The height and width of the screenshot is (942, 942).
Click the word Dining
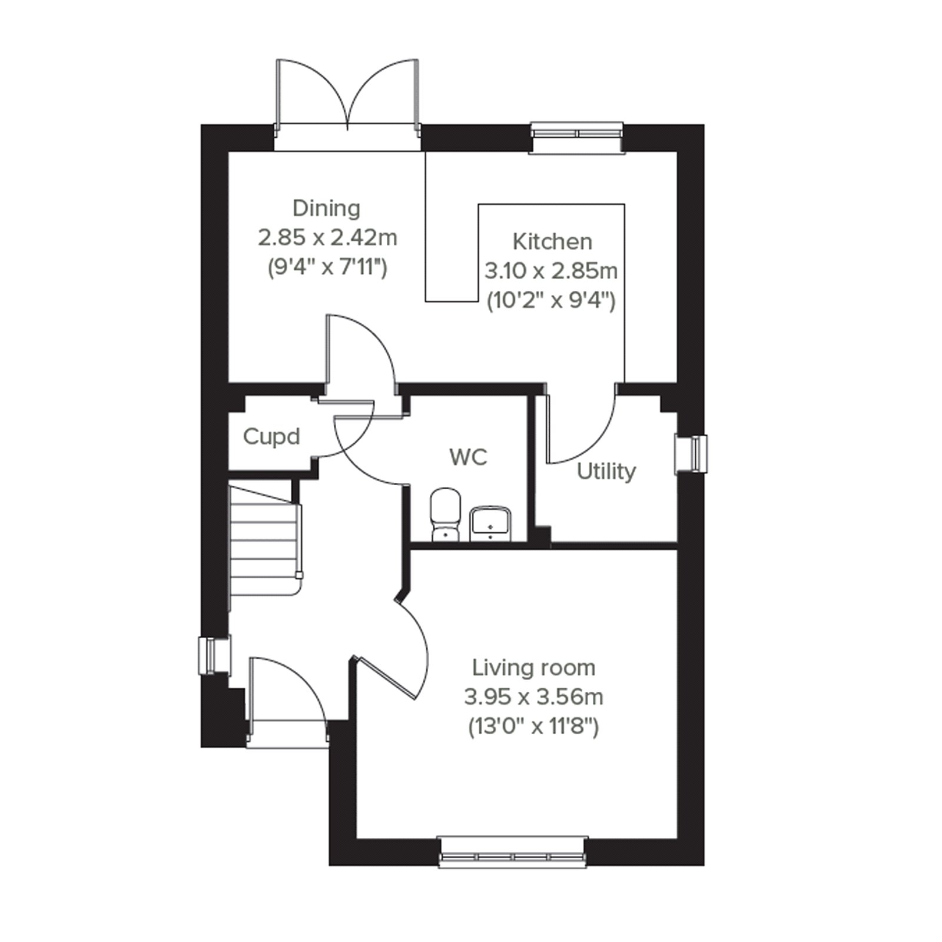click(326, 208)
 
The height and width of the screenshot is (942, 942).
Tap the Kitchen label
click(552, 241)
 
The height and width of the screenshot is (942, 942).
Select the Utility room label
click(606, 472)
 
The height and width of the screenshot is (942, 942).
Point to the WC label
click(469, 457)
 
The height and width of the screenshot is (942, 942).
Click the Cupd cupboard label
click(271, 437)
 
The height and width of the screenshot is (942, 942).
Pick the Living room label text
click(534, 668)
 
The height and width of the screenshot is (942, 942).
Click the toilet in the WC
click(445, 515)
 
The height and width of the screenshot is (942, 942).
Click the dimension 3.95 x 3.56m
click(534, 697)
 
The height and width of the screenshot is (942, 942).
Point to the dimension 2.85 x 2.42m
click(327, 238)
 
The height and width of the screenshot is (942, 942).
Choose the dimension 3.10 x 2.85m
click(551, 271)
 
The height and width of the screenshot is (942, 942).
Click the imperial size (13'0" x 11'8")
click(534, 728)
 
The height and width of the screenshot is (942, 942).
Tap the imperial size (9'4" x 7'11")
click(327, 268)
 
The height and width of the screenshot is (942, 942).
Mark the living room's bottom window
click(513, 851)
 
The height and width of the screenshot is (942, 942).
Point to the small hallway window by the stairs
click(214, 655)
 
